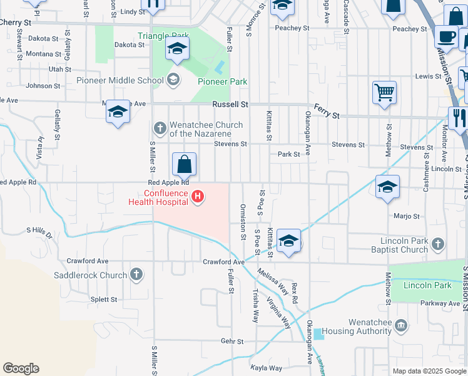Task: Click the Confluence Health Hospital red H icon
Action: point(198,197)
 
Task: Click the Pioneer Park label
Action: point(222,81)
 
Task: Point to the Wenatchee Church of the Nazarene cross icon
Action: point(160,128)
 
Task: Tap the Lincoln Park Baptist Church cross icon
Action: point(438,243)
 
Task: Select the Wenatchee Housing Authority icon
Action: point(401,326)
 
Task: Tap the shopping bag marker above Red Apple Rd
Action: point(185,165)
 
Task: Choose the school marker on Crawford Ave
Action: point(288,241)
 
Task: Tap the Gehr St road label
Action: point(231,342)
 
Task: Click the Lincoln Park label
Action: point(427,286)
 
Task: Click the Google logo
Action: point(21,368)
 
